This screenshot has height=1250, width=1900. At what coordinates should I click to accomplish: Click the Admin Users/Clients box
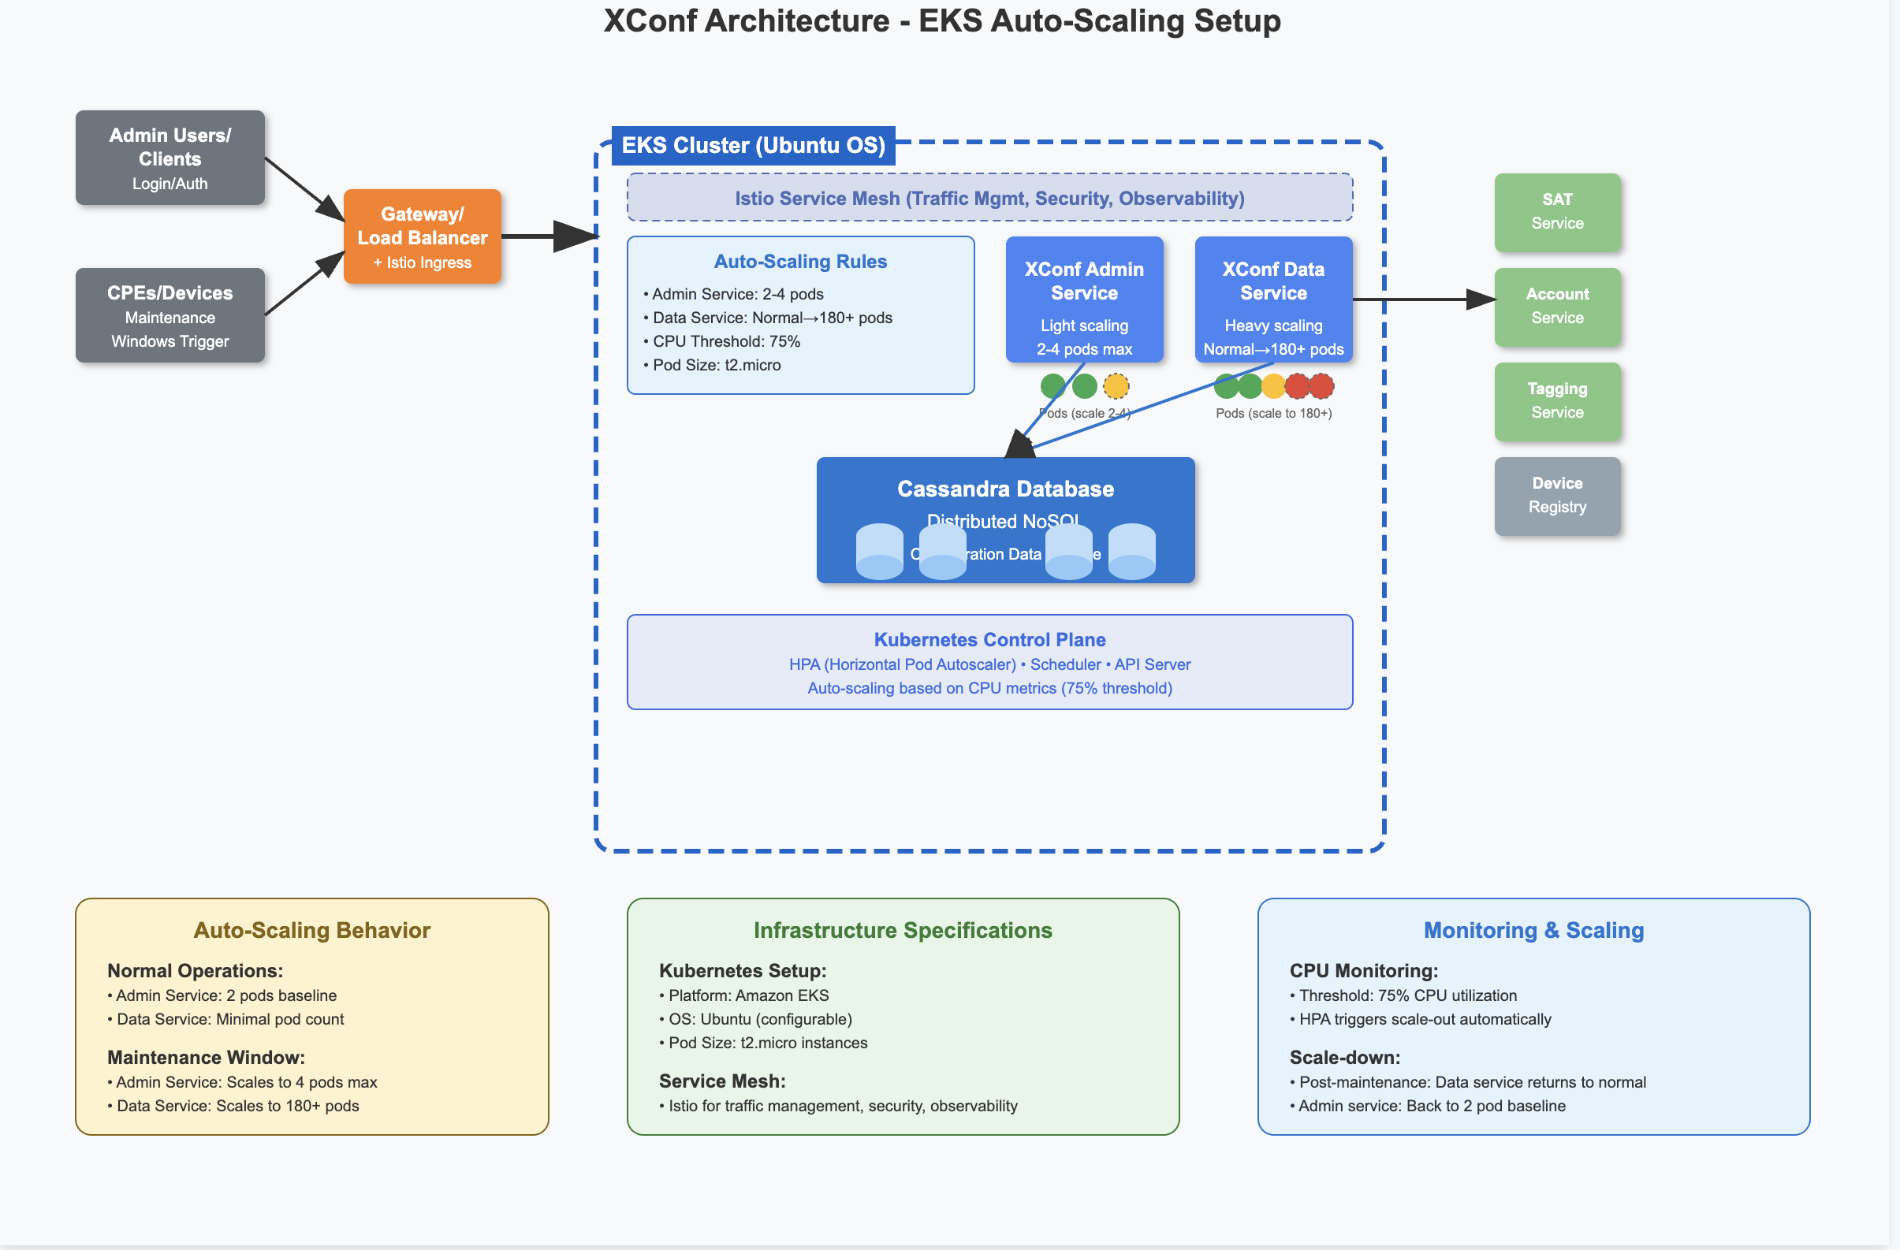(170, 158)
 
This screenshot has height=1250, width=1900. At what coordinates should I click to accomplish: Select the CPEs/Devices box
(170, 315)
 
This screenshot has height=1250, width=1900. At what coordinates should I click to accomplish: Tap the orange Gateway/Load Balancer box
(423, 236)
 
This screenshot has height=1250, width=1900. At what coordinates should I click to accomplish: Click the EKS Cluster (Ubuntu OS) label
(753, 145)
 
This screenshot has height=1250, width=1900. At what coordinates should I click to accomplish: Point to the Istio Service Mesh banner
(989, 198)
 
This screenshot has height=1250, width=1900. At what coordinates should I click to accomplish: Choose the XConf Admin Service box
(1084, 299)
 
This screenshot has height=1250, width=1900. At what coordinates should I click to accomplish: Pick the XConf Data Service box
(1273, 299)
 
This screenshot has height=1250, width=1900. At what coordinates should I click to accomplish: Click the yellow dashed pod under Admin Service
(1116, 386)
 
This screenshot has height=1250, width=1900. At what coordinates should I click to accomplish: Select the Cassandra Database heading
(1005, 489)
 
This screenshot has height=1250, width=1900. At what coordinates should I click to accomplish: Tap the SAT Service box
(1557, 211)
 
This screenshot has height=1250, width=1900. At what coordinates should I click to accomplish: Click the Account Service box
(1557, 307)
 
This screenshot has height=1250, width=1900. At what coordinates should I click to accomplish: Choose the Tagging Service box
(1557, 400)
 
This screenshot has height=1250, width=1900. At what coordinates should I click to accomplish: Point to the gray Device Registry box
(1557, 496)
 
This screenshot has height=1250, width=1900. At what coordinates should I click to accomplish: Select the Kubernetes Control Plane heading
(989, 639)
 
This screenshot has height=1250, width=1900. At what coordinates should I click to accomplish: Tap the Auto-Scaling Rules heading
(800, 261)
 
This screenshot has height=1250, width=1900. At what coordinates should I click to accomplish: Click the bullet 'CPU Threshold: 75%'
(725, 341)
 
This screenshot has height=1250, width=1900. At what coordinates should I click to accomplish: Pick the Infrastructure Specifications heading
(902, 930)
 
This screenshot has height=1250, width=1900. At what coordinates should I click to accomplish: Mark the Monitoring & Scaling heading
(1533, 930)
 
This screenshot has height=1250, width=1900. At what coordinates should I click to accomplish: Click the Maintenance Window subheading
(206, 1058)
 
